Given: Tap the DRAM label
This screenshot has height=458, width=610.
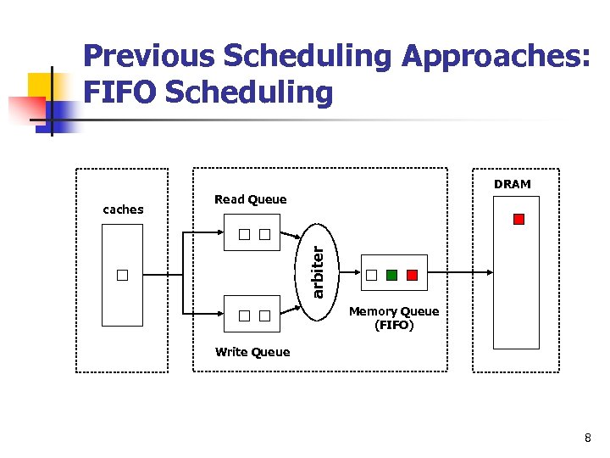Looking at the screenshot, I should (512, 184).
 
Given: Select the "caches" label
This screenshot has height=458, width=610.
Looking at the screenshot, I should (123, 209).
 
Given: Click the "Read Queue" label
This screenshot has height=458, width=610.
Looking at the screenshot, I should (250, 199).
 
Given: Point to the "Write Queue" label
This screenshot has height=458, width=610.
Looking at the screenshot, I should (252, 352).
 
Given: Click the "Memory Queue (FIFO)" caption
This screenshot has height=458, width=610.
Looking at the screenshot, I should (394, 318).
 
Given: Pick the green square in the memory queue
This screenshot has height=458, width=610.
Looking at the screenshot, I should (391, 275).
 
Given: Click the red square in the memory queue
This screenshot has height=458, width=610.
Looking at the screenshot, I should (412, 275).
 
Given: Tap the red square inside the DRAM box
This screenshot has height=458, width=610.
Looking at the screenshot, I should (518, 219).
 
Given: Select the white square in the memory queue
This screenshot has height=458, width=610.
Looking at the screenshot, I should (371, 275).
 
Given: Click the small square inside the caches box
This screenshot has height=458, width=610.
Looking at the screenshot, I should (123, 275).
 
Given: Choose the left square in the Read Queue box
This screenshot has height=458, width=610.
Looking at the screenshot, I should (243, 234).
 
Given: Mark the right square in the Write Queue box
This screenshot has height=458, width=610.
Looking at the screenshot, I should (264, 316).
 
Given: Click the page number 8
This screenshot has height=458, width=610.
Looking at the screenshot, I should (587, 438).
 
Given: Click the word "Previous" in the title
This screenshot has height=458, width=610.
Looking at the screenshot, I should (148, 56).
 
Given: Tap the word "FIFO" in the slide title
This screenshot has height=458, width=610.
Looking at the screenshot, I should (119, 92).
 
